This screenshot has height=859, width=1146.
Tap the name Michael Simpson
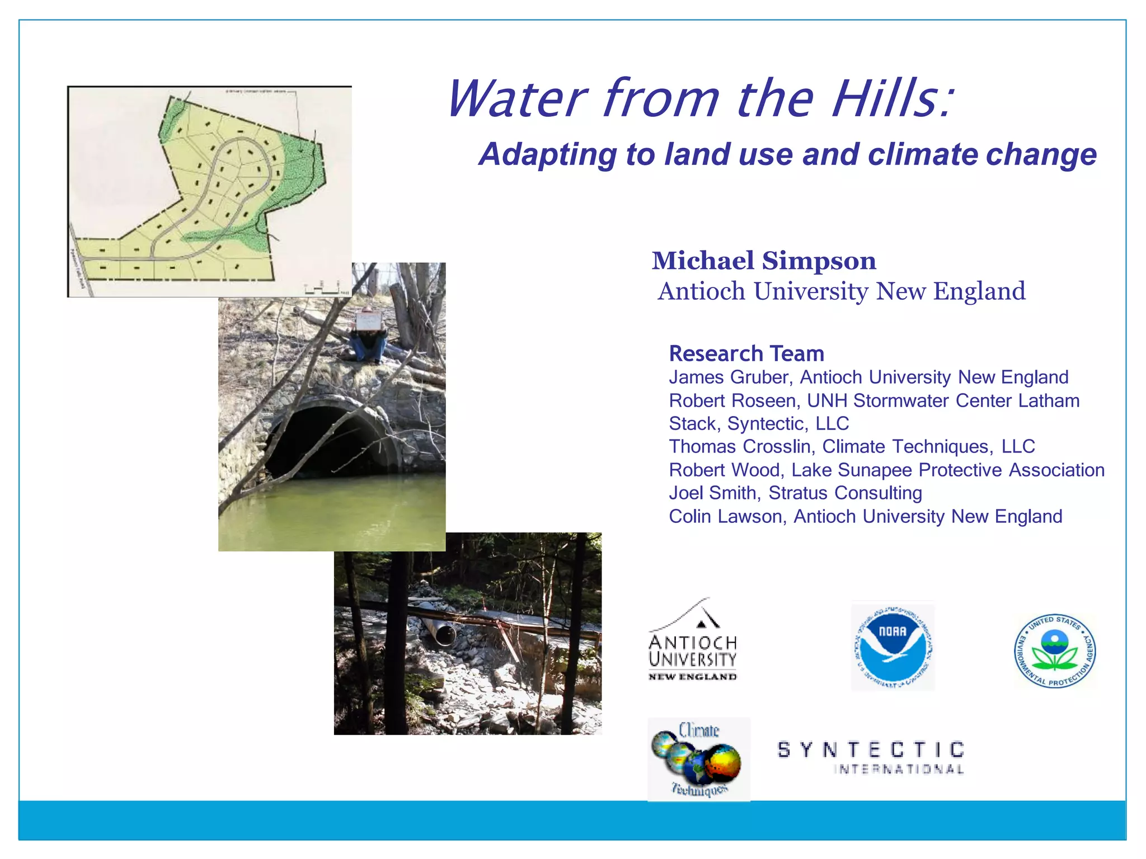click(764, 261)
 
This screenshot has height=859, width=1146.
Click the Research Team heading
click(746, 354)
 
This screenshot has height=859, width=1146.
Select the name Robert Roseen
click(732, 401)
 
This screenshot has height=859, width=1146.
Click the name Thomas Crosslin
click(740, 447)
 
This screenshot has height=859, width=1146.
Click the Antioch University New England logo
click(692, 643)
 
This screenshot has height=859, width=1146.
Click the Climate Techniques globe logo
click(698, 759)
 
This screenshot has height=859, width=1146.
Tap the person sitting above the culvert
click(368, 336)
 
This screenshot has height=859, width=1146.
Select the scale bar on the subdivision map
click(322, 290)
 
